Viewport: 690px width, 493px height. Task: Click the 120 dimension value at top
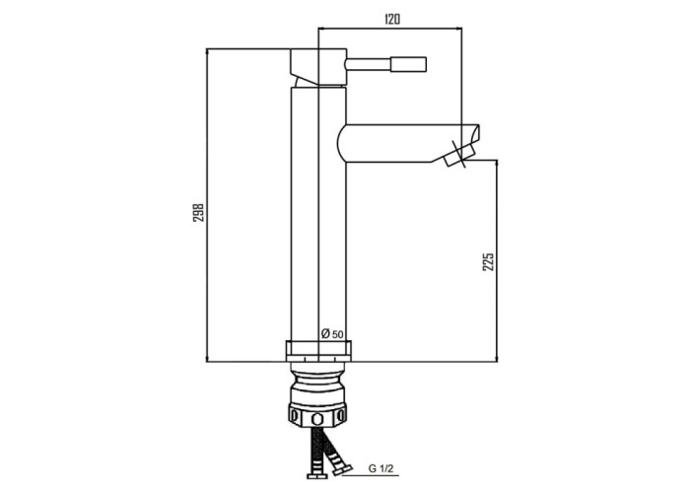tap(392, 20)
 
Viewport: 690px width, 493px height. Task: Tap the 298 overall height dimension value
tap(199, 212)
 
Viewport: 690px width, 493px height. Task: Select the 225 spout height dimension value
tap(489, 261)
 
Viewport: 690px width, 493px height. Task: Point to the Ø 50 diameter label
tap(332, 334)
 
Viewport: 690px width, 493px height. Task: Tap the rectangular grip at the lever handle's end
tap(408, 64)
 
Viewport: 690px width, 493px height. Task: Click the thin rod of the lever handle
tap(369, 64)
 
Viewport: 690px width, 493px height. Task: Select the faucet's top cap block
tap(318, 66)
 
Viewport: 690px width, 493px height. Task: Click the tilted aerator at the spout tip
tap(460, 157)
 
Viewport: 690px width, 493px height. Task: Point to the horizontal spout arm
tap(408, 143)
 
